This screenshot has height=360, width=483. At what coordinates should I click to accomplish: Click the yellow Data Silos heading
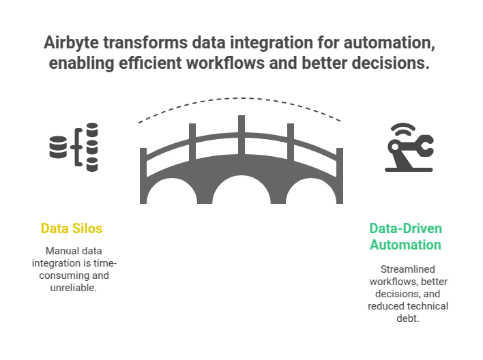coord(72,228)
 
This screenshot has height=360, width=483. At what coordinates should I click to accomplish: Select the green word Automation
coord(405,245)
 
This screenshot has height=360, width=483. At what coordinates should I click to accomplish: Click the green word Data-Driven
coord(406,228)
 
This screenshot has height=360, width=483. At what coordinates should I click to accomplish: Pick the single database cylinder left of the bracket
coord(57,147)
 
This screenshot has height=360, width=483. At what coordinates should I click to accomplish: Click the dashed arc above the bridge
coord(240,104)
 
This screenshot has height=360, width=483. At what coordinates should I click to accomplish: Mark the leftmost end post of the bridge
coord(143,174)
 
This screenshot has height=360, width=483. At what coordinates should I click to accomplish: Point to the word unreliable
coord(72,288)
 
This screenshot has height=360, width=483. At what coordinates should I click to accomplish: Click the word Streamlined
coord(405,269)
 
